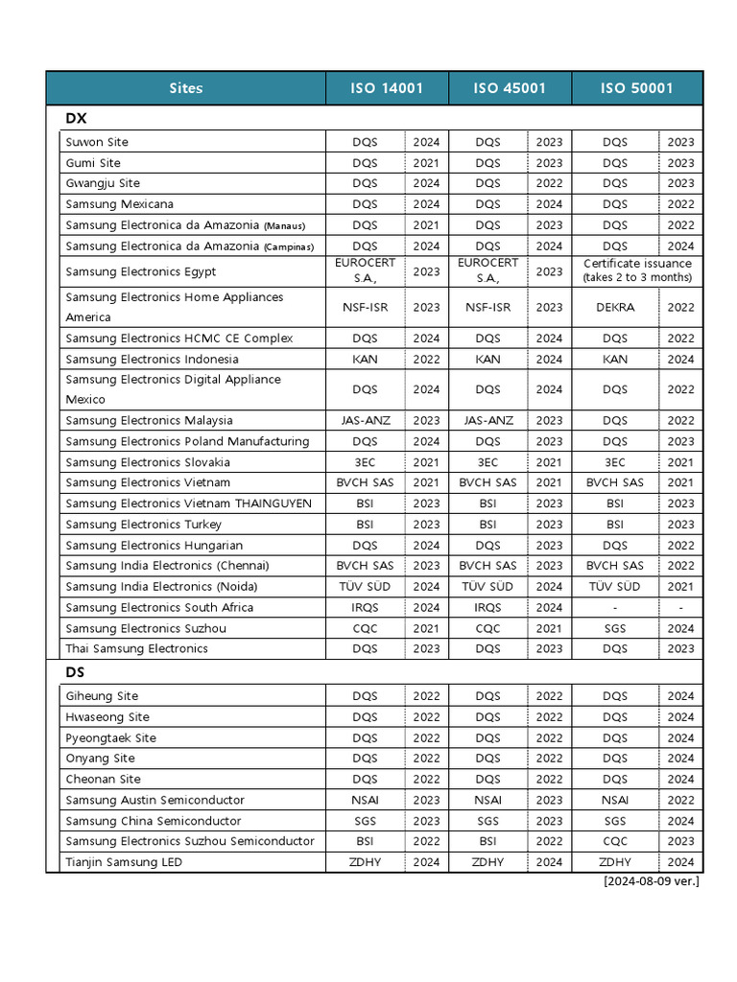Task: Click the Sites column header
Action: [185, 88]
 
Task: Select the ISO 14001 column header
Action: [387, 88]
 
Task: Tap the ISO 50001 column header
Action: [636, 88]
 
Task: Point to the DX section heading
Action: [76, 118]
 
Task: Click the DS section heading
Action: [75, 672]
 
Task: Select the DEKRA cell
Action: [614, 308]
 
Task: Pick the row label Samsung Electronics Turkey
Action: [143, 525]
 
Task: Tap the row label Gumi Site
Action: [93, 163]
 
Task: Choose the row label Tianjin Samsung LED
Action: [124, 862]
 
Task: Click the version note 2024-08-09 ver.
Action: [651, 881]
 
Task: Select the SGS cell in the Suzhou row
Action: [614, 629]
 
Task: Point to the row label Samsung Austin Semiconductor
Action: [155, 800]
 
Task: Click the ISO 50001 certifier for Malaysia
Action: [614, 421]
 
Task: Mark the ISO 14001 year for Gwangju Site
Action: [426, 183]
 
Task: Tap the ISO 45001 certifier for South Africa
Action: [487, 608]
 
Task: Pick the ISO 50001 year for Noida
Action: [680, 587]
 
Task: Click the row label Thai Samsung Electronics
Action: [136, 649]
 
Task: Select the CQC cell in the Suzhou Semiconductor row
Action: [614, 841]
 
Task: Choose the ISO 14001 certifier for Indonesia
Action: [365, 360]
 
